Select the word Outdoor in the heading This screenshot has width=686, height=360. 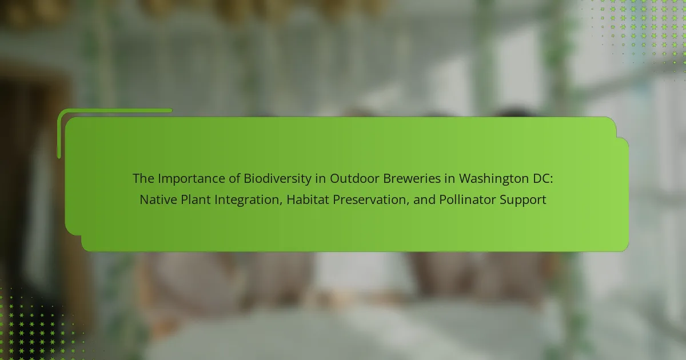click(x=354, y=178)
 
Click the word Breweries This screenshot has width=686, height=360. click(x=412, y=178)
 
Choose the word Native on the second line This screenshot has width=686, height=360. click(x=158, y=200)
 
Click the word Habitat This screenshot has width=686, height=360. click(x=308, y=200)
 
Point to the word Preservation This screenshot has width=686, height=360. click(x=370, y=200)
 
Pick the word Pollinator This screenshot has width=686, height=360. click(x=468, y=200)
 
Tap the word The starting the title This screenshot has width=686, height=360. click(x=143, y=178)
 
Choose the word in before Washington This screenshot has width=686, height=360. click(x=450, y=179)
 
